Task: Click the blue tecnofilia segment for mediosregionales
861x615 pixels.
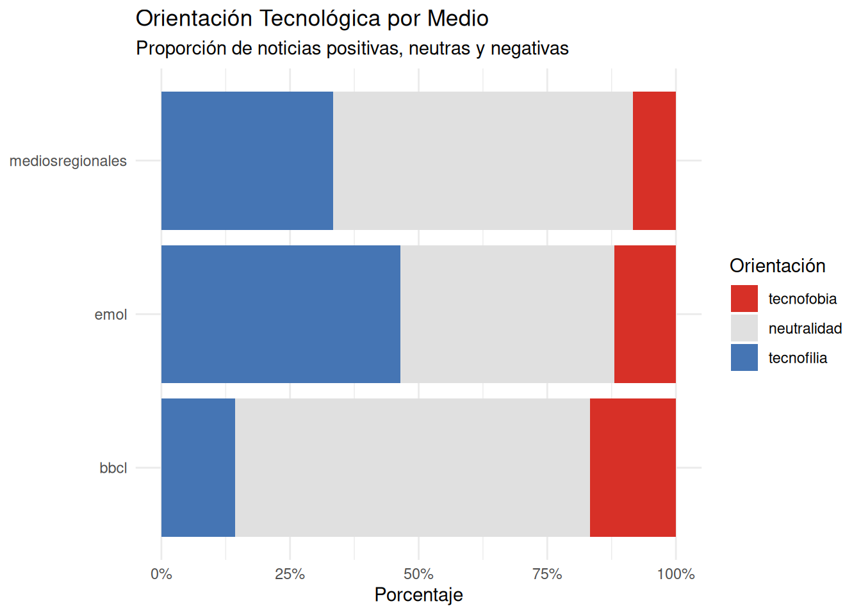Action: (247, 160)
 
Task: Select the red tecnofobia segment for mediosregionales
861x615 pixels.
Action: (654, 160)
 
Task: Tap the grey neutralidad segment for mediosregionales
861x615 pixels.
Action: (482, 160)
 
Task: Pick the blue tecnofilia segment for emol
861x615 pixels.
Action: (281, 314)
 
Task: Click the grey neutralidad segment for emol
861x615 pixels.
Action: (507, 314)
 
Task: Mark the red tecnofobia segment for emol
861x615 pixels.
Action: (644, 314)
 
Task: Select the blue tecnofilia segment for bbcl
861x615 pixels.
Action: (198, 468)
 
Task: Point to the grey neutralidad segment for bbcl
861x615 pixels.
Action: (412, 468)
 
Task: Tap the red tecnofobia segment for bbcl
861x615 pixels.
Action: (632, 468)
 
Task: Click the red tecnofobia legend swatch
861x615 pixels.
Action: (744, 299)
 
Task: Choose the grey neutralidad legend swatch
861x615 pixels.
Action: (744, 328)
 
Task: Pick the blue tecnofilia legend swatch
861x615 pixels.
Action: (744, 357)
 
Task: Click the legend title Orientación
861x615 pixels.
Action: (777, 266)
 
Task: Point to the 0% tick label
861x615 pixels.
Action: (161, 574)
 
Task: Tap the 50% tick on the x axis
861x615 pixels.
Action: (418, 574)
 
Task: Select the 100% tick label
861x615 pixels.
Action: (675, 574)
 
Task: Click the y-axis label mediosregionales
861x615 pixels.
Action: (68, 161)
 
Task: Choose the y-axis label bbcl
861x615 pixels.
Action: (113, 468)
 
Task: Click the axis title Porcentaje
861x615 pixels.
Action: (418, 594)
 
